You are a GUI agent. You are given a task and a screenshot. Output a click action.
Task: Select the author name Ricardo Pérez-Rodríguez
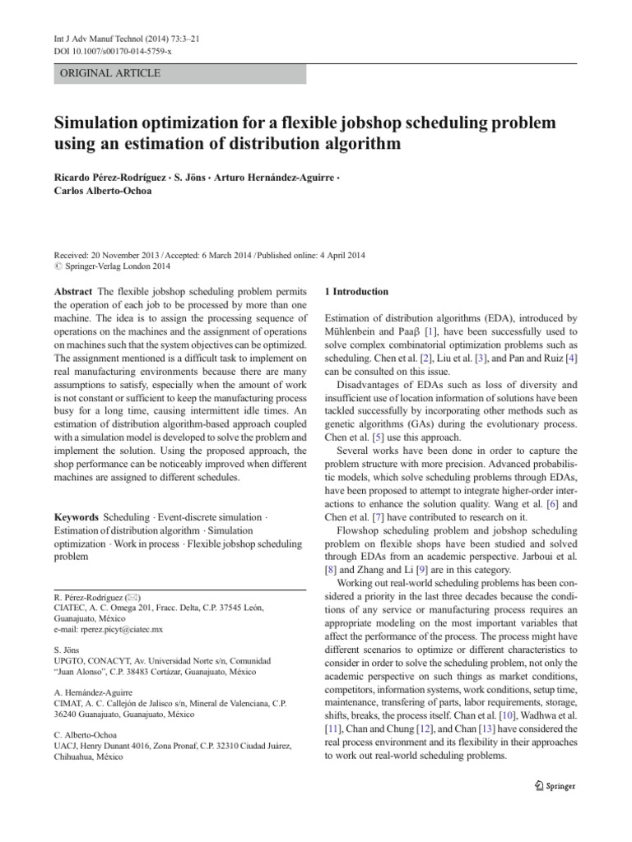click(109, 177)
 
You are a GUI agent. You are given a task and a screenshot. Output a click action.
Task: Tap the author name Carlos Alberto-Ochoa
click(105, 192)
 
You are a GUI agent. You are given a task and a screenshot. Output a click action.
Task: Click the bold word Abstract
click(73, 292)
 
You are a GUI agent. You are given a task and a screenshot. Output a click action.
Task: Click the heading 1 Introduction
click(357, 292)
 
